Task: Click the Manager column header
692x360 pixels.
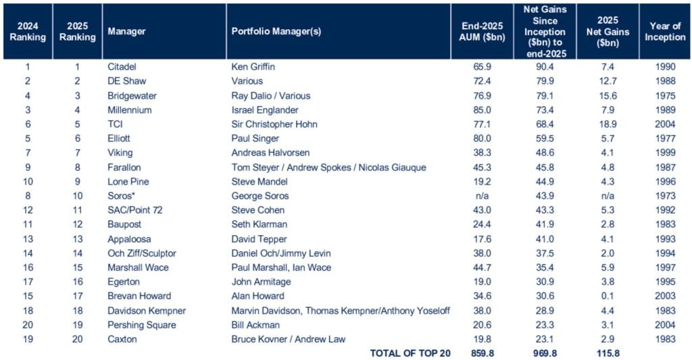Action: click(126, 31)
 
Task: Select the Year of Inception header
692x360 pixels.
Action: click(665, 31)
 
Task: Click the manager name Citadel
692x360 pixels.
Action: click(122, 67)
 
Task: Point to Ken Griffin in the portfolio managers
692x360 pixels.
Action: click(253, 67)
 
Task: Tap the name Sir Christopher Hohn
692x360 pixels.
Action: click(274, 124)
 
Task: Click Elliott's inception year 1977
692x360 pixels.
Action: click(666, 138)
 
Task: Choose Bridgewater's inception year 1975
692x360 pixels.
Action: click(666, 95)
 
